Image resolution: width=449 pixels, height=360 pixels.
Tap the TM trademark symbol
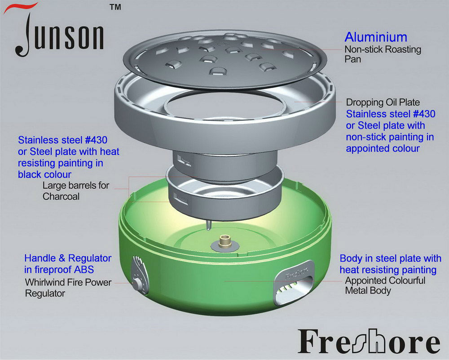(x=115, y=7)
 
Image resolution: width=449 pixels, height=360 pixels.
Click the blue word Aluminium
(x=376, y=37)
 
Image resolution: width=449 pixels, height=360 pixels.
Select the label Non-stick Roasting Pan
(x=383, y=54)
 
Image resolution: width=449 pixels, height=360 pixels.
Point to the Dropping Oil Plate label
(x=383, y=102)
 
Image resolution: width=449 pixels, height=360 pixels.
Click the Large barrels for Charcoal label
(x=76, y=191)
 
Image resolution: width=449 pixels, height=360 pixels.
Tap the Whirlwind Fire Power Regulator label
(x=68, y=288)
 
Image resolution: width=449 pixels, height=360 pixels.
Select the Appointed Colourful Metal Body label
(x=385, y=285)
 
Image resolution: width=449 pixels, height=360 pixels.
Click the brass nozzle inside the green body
(x=225, y=240)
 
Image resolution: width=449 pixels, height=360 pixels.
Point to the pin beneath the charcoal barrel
(x=208, y=226)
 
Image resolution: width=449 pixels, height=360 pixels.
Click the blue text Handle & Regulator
(x=68, y=258)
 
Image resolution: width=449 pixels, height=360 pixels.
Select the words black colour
(x=44, y=174)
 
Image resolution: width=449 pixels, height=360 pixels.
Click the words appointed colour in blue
(x=383, y=148)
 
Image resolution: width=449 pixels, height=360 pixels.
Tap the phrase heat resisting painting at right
(x=388, y=270)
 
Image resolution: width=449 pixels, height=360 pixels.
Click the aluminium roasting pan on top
(x=225, y=59)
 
